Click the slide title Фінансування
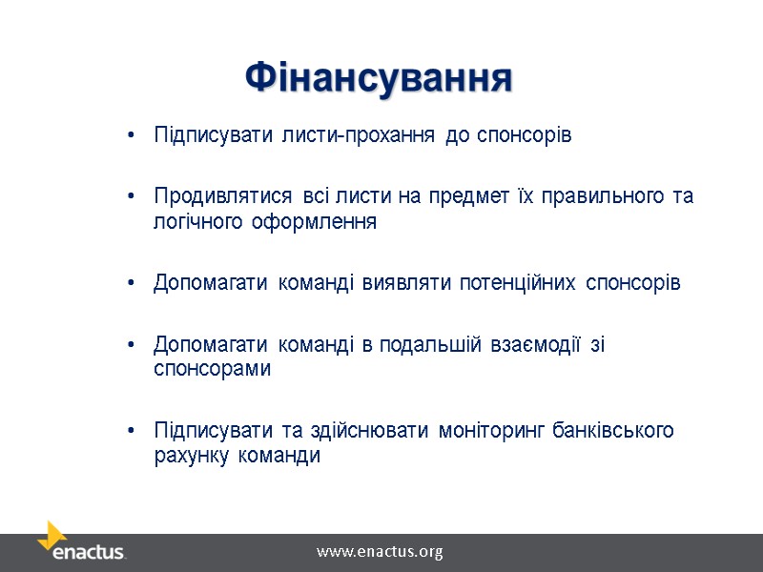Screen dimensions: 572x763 tap(379, 77)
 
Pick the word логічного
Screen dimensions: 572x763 tap(194, 223)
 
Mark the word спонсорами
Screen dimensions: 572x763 tap(212, 370)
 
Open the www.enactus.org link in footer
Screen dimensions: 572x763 tap(380, 552)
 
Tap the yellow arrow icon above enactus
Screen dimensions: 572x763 tap(52, 534)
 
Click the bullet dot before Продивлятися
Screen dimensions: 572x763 tap(131, 196)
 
